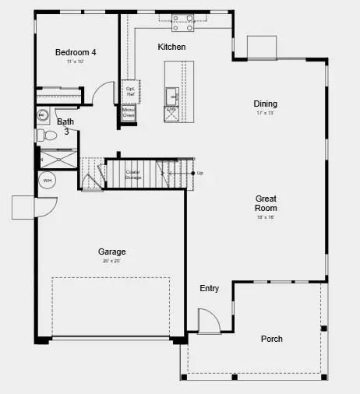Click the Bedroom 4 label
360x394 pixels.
point(76,52)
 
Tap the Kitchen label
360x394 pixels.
point(171,47)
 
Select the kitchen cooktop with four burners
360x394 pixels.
point(183,23)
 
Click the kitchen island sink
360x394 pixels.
point(171,95)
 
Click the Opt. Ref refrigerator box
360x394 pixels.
point(130,92)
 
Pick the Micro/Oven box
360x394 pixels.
point(129,114)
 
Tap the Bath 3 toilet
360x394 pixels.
point(49,135)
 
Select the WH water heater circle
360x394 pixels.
point(48,180)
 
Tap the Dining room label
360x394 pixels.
point(265,104)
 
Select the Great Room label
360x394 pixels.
point(266,203)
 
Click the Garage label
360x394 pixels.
point(111,252)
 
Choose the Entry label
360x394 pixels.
point(209,289)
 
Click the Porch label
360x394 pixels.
point(272,339)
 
